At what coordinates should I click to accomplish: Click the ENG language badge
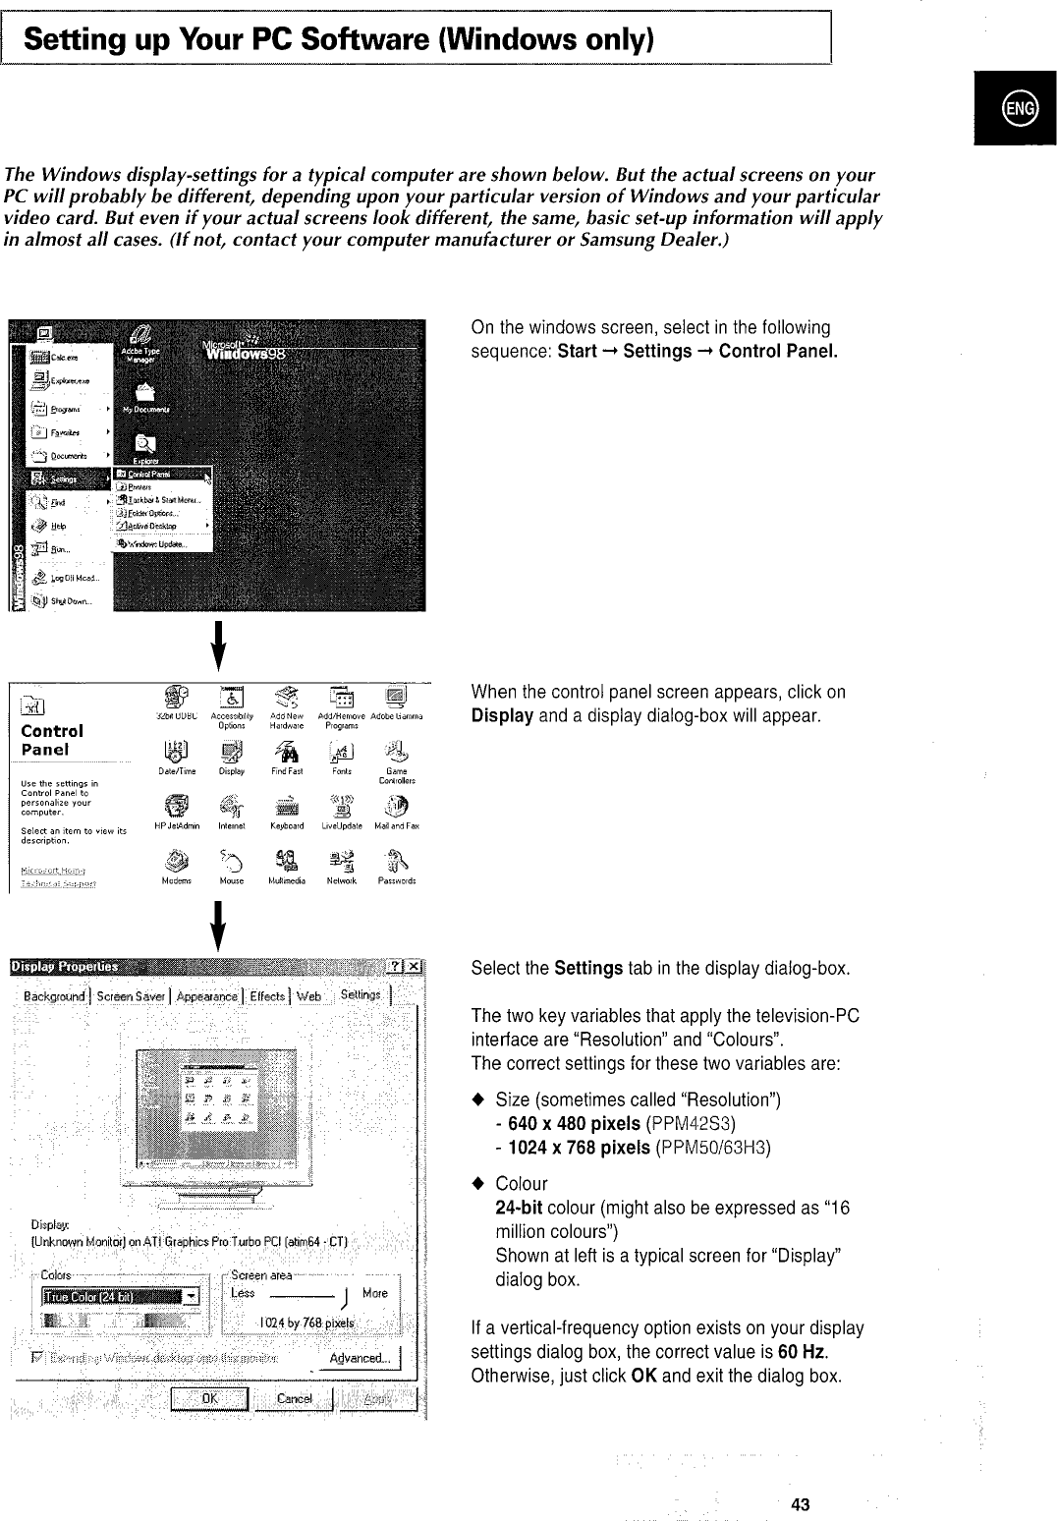pyautogui.click(x=1015, y=108)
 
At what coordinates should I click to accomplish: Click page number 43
pyautogui.click(x=801, y=1503)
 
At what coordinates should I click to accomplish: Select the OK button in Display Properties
pyautogui.click(x=210, y=1398)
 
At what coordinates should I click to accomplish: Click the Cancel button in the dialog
pyautogui.click(x=295, y=1398)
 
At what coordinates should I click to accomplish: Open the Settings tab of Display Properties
pyautogui.click(x=361, y=995)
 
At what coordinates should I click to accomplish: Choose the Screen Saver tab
pyautogui.click(x=131, y=996)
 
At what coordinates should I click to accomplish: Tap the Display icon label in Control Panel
pyautogui.click(x=232, y=771)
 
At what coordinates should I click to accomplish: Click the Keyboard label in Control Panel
pyautogui.click(x=287, y=826)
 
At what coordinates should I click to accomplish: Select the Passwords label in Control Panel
pyautogui.click(x=397, y=881)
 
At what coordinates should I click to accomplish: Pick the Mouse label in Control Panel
pyautogui.click(x=232, y=881)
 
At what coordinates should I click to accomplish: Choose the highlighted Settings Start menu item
pyautogui.click(x=65, y=479)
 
